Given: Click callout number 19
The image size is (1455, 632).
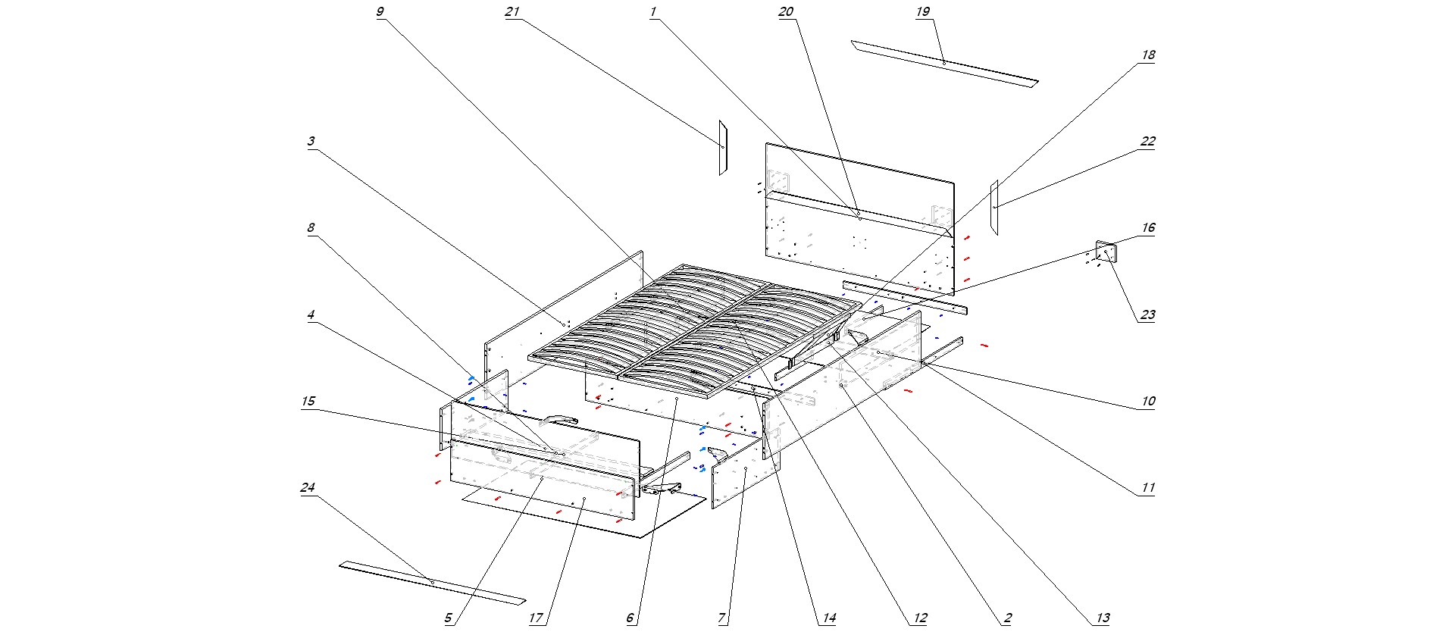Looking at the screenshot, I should [x=922, y=12].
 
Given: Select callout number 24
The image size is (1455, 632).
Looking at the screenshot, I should [x=308, y=487].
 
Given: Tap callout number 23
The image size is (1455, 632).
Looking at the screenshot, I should [x=1147, y=314].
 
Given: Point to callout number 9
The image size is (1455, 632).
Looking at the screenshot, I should [x=380, y=12].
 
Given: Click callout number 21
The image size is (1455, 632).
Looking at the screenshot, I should [x=512, y=12].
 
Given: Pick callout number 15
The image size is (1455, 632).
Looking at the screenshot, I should [x=308, y=401].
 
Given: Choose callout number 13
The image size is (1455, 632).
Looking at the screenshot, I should [x=1103, y=618].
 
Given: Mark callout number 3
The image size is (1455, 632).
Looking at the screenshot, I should [x=311, y=142].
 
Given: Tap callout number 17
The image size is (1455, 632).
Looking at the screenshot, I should [x=536, y=618].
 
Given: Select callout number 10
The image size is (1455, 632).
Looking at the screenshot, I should [x=1148, y=401].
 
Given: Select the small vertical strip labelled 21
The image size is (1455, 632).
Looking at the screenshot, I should [x=723, y=148].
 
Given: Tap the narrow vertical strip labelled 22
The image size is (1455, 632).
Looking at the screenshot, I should [x=994, y=207].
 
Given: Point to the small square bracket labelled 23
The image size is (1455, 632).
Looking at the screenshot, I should [x=1106, y=252].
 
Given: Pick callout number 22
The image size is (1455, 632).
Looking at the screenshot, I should [x=1148, y=142].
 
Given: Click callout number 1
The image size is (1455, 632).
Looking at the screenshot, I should [x=652, y=12].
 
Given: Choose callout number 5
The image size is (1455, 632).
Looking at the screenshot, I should [x=448, y=618].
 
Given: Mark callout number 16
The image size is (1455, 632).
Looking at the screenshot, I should [x=1148, y=228].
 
